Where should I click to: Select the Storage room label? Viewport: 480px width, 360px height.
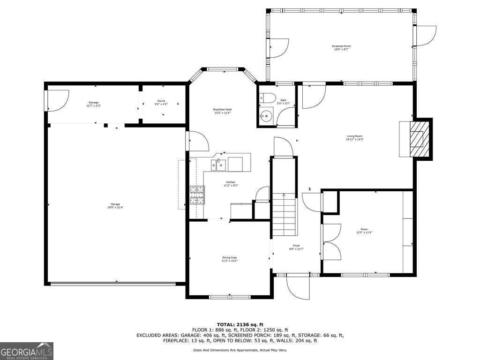point(94,104)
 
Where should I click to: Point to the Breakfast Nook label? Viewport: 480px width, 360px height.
point(222,111)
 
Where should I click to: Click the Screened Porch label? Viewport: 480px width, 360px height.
point(341,47)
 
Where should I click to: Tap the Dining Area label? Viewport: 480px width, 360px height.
point(229,259)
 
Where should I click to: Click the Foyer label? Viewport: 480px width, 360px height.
point(296,247)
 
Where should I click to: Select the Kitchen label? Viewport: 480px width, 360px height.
point(231,183)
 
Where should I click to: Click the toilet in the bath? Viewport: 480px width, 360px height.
point(268,99)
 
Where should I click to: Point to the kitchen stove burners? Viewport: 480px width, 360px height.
point(197,195)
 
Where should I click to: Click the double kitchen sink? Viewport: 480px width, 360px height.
point(218,164)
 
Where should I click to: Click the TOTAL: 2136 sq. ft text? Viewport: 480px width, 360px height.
point(240,324)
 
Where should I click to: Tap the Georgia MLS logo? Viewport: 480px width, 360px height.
point(27,351)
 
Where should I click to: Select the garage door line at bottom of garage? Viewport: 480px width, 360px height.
point(112,283)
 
